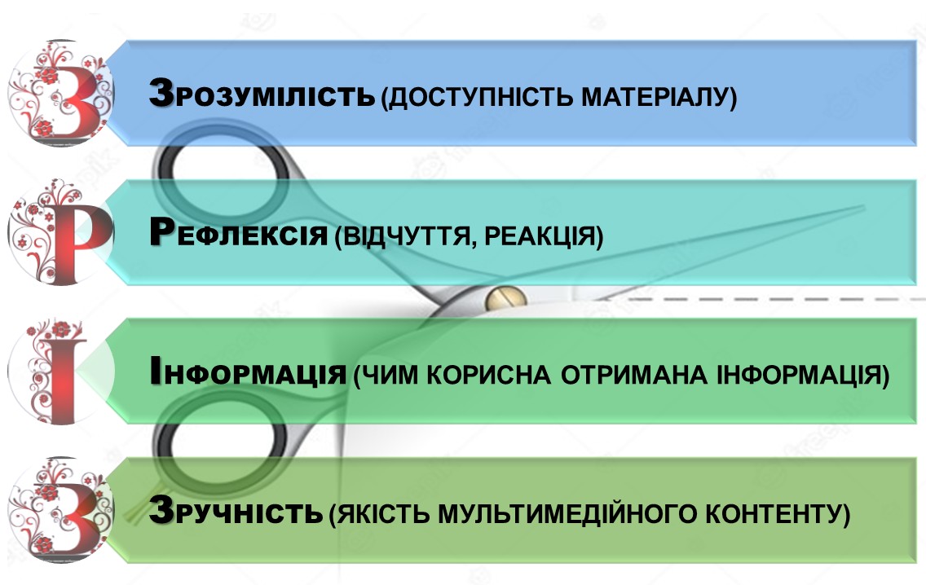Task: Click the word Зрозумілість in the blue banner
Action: tap(262, 94)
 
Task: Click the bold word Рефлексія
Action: tap(238, 232)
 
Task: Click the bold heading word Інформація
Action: tap(248, 372)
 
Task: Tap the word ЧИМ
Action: tap(389, 376)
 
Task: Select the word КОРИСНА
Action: tap(488, 376)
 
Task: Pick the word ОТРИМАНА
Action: tap(633, 376)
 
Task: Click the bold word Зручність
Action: tap(236, 511)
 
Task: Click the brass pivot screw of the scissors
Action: tap(505, 298)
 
